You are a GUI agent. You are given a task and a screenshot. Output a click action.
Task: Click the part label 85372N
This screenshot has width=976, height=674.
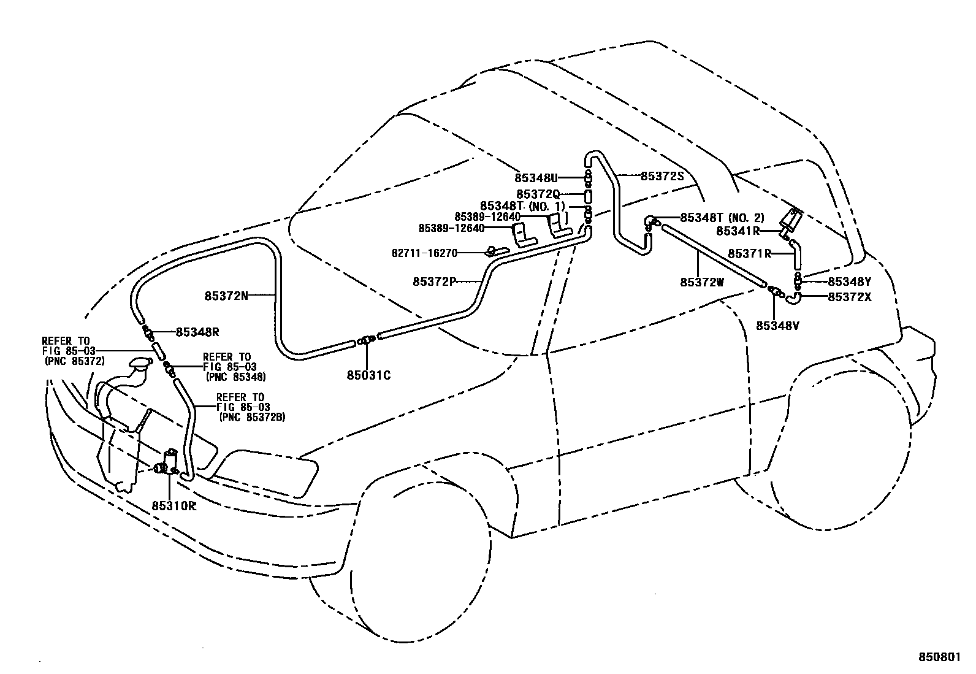[x=226, y=296]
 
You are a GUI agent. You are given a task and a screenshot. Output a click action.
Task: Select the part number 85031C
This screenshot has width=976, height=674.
[x=369, y=375]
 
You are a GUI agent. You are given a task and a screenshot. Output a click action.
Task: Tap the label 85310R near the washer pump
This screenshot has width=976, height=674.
[x=174, y=506]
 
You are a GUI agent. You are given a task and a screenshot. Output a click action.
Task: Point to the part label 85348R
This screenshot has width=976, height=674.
[x=197, y=332]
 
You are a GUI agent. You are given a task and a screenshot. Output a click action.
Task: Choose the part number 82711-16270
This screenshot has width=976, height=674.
[x=424, y=253]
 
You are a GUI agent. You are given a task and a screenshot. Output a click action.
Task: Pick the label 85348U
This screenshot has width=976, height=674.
[x=536, y=178]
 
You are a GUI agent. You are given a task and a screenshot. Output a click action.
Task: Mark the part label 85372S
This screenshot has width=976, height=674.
[x=662, y=176]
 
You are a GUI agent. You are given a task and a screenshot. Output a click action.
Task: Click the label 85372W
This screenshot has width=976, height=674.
[x=702, y=282]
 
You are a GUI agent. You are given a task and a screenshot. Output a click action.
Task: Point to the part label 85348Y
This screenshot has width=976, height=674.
[x=849, y=281]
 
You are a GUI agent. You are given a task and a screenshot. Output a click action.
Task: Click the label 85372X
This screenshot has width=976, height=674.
[x=849, y=297]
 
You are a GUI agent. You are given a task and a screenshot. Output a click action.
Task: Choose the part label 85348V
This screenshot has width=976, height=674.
[x=777, y=326]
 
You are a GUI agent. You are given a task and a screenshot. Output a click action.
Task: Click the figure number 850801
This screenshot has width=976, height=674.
[x=937, y=657]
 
